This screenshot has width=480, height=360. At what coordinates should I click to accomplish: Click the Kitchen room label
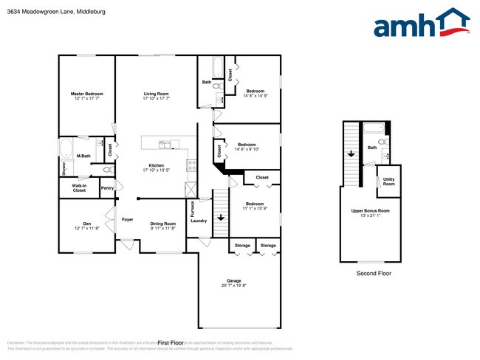pyautogui.click(x=156, y=167)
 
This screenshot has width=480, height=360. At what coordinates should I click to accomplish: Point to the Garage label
pyautogui.click(x=234, y=283)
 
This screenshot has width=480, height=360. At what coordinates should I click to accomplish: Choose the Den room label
pyautogui.click(x=86, y=225)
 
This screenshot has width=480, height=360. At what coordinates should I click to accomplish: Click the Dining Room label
pyautogui.click(x=163, y=225)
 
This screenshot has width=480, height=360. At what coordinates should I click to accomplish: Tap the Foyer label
pyautogui.click(x=127, y=219)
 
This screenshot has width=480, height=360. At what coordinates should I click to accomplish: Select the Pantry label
pyautogui.click(x=107, y=188)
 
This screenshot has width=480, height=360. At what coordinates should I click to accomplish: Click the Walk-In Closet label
pyautogui.click(x=79, y=188)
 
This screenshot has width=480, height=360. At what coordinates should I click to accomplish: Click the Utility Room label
pyautogui.click(x=388, y=181)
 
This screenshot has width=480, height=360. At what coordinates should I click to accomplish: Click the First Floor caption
pyautogui.click(x=171, y=343)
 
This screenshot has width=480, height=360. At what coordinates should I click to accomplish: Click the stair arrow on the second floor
pyautogui.click(x=350, y=154)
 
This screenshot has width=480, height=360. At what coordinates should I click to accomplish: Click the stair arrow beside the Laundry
pyautogui.click(x=220, y=218)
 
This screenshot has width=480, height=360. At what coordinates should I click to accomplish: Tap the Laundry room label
pyautogui.click(x=199, y=221)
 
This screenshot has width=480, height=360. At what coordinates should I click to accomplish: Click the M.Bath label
pyautogui.click(x=83, y=156)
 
